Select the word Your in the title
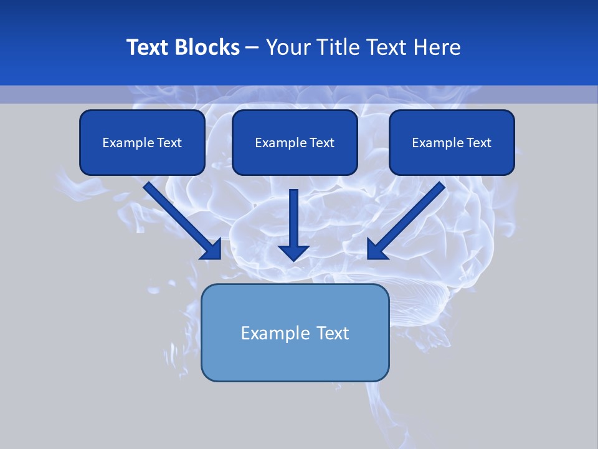click(288, 47)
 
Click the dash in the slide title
click(252, 47)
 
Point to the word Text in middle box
click(321, 143)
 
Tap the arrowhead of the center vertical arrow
click(293, 253)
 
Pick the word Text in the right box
click(478, 143)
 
